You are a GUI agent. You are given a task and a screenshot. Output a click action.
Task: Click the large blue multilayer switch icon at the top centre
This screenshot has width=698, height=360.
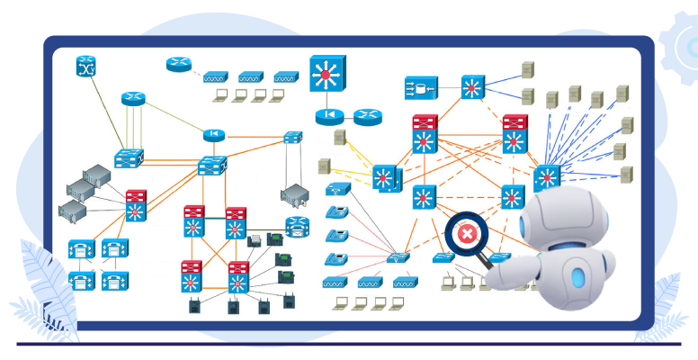(325, 74)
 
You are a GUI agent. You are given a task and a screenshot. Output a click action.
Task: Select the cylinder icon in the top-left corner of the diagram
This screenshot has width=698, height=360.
(86, 66)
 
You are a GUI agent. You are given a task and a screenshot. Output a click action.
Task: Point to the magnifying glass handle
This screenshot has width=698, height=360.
(491, 262)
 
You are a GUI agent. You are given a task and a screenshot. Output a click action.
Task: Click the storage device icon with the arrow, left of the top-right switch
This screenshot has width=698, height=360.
(420, 87)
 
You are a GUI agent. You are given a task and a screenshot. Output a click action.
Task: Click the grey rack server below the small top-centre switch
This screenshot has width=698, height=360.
(294, 193)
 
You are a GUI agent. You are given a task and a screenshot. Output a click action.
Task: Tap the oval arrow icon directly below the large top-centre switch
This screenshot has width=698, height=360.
(330, 116)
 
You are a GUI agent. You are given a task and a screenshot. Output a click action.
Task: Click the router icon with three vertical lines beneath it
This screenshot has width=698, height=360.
(133, 97)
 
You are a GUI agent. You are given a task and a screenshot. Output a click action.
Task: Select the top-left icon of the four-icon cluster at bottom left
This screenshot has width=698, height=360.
(80, 249)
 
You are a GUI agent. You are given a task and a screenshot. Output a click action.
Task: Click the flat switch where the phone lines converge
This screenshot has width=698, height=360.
(397, 257)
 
